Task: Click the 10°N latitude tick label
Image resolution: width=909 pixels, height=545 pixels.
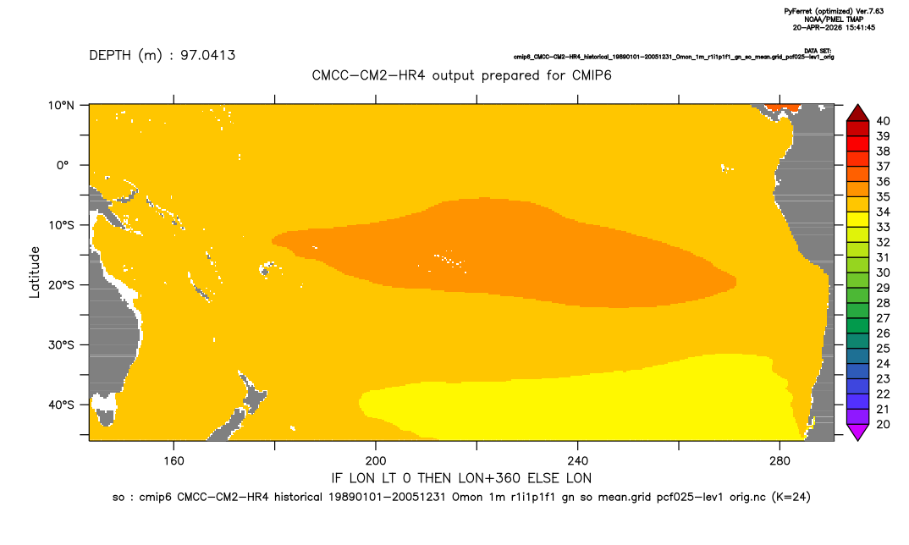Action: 61,106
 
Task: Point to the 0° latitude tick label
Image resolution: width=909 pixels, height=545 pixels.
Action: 63,165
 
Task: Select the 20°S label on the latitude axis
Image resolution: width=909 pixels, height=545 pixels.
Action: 61,284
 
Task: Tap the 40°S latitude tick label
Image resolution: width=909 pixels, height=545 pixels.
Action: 61,405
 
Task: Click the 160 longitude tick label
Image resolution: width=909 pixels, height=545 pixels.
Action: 174,461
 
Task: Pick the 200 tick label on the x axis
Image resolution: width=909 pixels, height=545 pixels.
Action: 376,461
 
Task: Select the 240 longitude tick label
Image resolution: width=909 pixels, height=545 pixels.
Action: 577,461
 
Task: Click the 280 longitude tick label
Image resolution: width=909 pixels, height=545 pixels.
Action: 780,461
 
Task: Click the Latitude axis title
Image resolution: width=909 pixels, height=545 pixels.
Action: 35,272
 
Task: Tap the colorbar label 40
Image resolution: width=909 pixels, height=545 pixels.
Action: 883,121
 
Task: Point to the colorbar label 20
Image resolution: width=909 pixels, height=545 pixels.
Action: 883,424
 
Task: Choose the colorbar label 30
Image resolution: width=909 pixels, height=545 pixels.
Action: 883,272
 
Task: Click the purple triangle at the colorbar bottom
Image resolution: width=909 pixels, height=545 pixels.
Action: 857,432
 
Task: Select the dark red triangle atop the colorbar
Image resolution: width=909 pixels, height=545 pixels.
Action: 857,113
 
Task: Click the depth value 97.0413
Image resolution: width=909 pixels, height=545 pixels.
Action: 207,55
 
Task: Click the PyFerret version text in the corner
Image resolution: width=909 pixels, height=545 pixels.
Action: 834,12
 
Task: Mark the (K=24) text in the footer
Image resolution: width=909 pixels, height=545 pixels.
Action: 791,497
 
